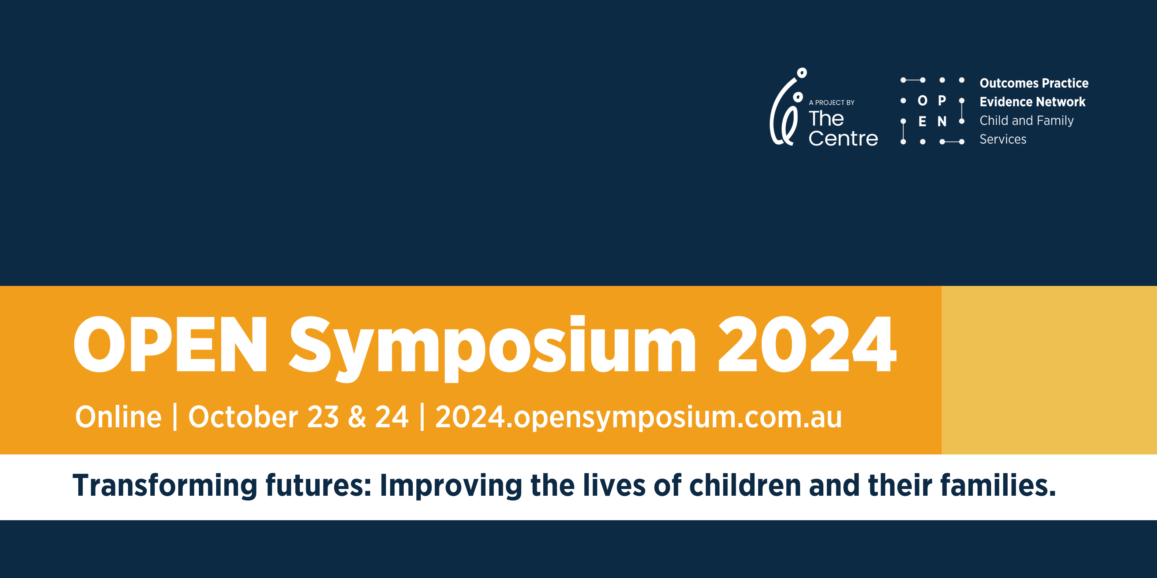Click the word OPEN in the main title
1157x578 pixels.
pos(171,345)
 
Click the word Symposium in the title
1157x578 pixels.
pos(492,346)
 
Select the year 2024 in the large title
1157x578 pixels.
pos(807,345)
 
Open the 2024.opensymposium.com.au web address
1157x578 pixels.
pos(638,418)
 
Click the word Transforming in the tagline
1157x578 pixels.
pos(164,486)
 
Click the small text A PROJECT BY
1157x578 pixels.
pos(831,103)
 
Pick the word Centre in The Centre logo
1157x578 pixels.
pos(843,139)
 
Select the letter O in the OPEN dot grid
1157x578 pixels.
pos(922,101)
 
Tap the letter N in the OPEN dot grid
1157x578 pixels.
pos(942,121)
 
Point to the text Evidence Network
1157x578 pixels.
pos(1032,102)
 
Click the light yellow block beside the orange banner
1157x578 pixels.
pos(1049,370)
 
